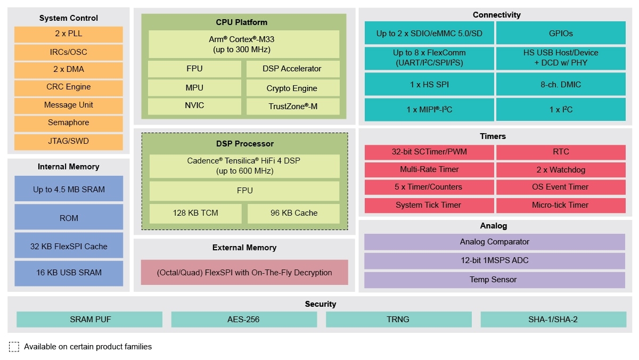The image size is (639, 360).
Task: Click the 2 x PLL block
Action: [68, 34]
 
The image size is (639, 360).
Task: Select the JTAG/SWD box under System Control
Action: [68, 142]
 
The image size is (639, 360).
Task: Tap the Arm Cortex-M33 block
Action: [244, 44]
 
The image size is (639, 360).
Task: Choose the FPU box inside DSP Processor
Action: [244, 191]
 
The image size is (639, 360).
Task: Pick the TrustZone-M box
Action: [293, 107]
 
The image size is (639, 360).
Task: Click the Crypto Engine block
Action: [293, 88]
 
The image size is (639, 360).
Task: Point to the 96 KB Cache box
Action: [293, 213]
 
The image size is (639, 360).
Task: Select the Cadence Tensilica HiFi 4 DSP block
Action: [244, 166]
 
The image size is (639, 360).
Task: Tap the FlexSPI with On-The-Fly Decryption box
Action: [244, 273]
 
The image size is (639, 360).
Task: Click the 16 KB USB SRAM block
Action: [68, 273]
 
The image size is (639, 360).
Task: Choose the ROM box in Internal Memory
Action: [68, 218]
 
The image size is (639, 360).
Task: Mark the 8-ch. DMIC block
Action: [561, 84]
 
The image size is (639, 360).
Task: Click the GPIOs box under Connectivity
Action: [561, 33]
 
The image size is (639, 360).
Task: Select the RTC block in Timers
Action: [561, 152]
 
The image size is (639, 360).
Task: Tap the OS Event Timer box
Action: [561, 187]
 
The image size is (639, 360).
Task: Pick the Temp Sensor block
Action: [494, 280]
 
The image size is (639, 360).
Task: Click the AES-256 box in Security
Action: [244, 320]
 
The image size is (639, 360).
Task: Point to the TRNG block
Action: [398, 320]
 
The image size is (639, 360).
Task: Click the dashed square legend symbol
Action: [14, 347]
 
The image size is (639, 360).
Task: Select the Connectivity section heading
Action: [496, 15]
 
